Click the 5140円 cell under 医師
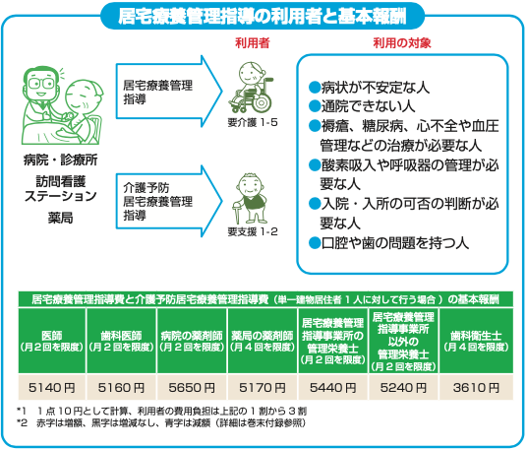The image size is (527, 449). (52, 387)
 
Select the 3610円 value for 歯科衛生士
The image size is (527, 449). (476, 387)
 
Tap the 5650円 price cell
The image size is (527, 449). (192, 387)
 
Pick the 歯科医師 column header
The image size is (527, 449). (121, 341)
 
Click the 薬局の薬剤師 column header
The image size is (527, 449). (263, 341)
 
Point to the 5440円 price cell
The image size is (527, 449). (332, 387)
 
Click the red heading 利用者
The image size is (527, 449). (252, 43)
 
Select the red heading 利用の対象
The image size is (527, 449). (402, 43)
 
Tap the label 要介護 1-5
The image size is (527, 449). (253, 122)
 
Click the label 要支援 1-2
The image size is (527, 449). (253, 231)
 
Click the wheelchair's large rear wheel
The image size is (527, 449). (261, 101)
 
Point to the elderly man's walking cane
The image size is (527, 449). (237, 212)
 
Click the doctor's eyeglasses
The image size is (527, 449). (41, 83)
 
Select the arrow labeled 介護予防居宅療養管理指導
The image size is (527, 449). (169, 201)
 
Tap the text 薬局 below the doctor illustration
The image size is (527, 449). (60, 219)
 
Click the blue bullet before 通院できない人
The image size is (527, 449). (315, 106)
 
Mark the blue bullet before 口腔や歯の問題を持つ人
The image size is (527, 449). (315, 242)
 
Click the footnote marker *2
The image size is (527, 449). (22, 422)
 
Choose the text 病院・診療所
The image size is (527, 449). (61, 160)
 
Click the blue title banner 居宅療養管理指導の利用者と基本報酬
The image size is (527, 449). (263, 16)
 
